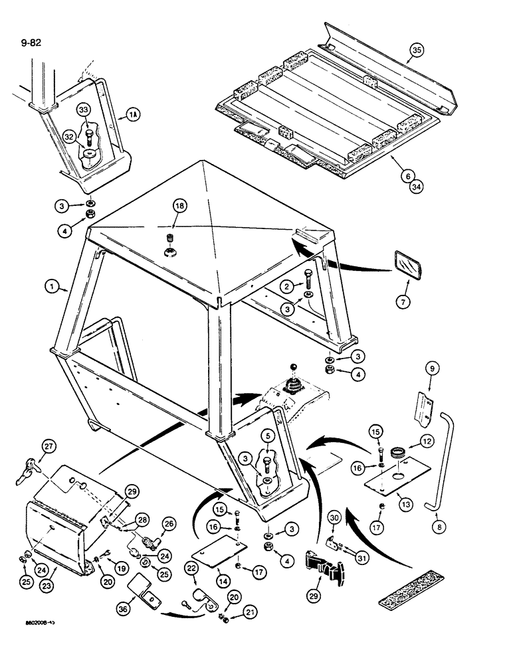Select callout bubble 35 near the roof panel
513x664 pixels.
[416, 50]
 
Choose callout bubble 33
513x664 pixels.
[84, 110]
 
